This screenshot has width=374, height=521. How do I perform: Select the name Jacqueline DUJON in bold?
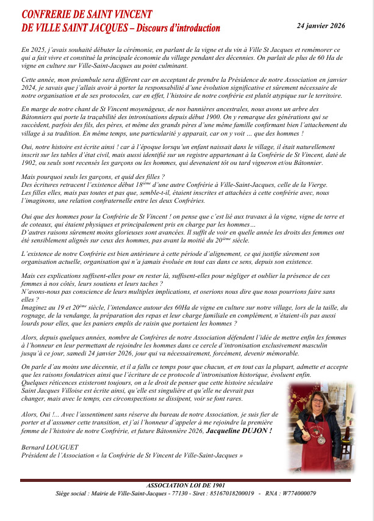click(x=239, y=431)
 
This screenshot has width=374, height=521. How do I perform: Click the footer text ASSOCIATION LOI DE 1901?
click(x=187, y=485)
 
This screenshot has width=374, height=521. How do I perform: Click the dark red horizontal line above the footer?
click(x=187, y=480)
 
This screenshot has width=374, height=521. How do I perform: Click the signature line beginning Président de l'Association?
click(x=132, y=456)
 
